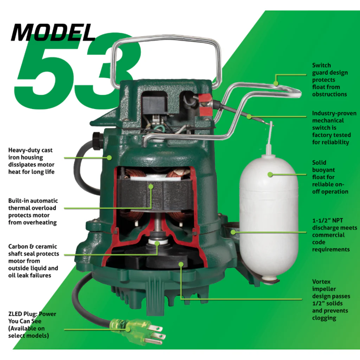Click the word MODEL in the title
(53, 32)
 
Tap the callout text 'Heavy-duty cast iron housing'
(31, 161)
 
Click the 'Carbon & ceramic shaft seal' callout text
(33, 261)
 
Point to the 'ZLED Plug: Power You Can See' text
(32, 324)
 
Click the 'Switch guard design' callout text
(329, 80)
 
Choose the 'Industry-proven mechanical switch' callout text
(334, 128)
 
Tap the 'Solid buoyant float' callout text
(330, 177)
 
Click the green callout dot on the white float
(270, 174)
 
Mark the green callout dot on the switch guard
(276, 83)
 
